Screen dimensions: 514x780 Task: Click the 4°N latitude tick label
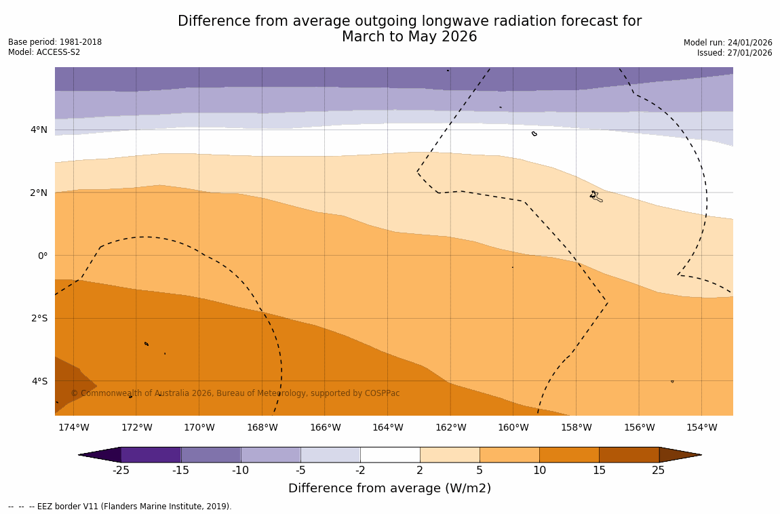click(x=39, y=130)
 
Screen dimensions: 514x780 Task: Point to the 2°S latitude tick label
click(x=39, y=318)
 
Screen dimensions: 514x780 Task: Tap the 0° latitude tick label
click(x=42, y=256)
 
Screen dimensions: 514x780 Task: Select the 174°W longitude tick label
click(x=73, y=427)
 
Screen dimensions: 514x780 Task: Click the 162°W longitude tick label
click(x=450, y=427)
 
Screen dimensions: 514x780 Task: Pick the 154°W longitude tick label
click(x=701, y=427)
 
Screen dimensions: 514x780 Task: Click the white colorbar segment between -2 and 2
click(x=390, y=454)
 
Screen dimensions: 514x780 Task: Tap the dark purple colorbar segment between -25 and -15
click(x=151, y=454)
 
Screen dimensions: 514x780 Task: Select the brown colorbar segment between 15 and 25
click(x=629, y=454)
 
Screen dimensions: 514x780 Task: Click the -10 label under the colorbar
click(x=240, y=471)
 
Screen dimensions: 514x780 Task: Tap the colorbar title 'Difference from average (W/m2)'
click(x=389, y=488)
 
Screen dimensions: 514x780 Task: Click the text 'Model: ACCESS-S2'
click(x=44, y=52)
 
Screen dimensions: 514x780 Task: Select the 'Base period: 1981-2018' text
click(x=55, y=42)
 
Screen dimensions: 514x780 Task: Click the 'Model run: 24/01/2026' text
click(x=728, y=43)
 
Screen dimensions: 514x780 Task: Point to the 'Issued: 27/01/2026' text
click(x=735, y=53)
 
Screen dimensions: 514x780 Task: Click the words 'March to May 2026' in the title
click(x=409, y=37)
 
